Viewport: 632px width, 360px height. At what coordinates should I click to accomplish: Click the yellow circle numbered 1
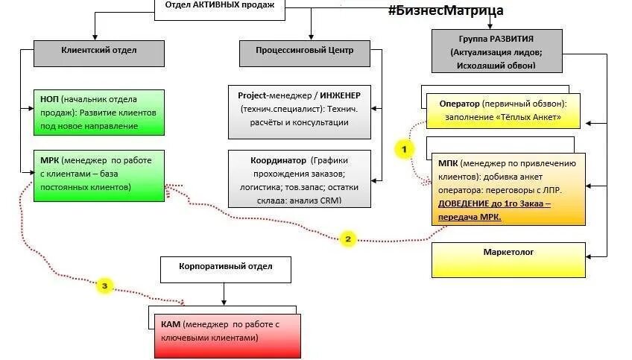tap(404, 149)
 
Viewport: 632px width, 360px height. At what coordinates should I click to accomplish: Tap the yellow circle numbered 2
tap(347, 239)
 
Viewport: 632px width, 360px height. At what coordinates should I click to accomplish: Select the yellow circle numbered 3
tap(105, 285)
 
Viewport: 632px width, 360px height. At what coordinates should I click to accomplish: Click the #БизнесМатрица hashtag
tap(445, 10)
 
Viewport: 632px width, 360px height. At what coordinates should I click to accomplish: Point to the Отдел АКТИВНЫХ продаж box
tap(219, 6)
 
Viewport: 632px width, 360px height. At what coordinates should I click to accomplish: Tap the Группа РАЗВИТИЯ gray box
tap(496, 51)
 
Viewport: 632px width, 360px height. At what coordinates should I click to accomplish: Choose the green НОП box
tap(98, 111)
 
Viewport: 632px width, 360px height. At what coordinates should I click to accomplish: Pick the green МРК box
tap(98, 175)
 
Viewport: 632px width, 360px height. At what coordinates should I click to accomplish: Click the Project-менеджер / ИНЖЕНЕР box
tap(299, 111)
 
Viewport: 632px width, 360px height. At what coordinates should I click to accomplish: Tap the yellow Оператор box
tap(502, 110)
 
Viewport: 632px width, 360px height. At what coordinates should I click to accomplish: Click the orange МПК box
tap(508, 189)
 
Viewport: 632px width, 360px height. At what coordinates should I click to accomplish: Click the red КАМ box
tap(224, 333)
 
